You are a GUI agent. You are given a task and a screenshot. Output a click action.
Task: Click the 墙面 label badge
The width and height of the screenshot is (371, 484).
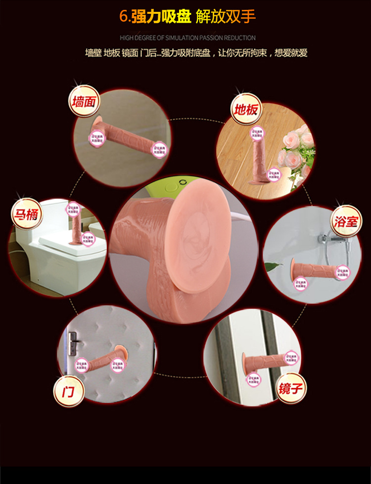(x=85, y=103)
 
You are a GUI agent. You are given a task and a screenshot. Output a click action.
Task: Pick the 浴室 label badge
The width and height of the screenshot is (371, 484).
(x=345, y=221)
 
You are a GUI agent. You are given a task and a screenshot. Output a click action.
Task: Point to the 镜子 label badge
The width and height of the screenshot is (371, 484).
(x=290, y=386)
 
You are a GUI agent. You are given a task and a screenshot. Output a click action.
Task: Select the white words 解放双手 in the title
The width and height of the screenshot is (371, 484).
(x=226, y=16)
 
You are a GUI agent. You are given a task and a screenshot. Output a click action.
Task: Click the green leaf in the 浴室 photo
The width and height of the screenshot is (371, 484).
(x=272, y=267)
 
